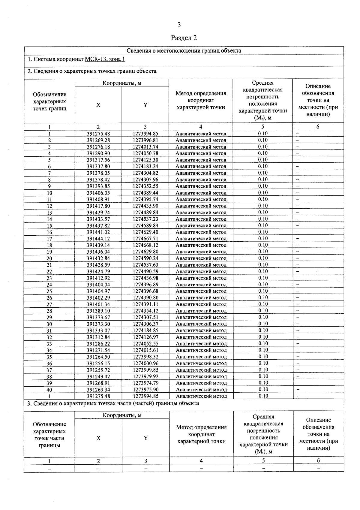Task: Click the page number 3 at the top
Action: (x=179, y=25)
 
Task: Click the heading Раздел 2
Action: (x=184, y=38)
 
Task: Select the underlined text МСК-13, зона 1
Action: (x=105, y=59)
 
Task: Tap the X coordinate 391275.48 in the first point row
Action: (x=98, y=134)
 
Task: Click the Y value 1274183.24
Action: (x=145, y=166)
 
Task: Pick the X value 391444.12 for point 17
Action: (x=98, y=239)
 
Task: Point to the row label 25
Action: (x=49, y=291)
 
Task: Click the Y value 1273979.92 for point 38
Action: (x=145, y=376)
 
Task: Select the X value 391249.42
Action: (x=98, y=376)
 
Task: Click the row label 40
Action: (x=49, y=390)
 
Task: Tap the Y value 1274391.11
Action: (x=145, y=304)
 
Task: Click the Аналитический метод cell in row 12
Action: (x=201, y=206)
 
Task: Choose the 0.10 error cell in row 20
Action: (x=263, y=258)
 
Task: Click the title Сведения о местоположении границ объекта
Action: (x=184, y=51)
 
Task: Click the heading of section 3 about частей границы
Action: (x=113, y=403)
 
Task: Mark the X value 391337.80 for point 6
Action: (x=98, y=166)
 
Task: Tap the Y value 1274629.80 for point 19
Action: (x=145, y=252)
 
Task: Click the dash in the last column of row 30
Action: (x=298, y=324)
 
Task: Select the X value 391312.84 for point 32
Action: (x=98, y=337)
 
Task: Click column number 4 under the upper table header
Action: (x=201, y=127)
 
